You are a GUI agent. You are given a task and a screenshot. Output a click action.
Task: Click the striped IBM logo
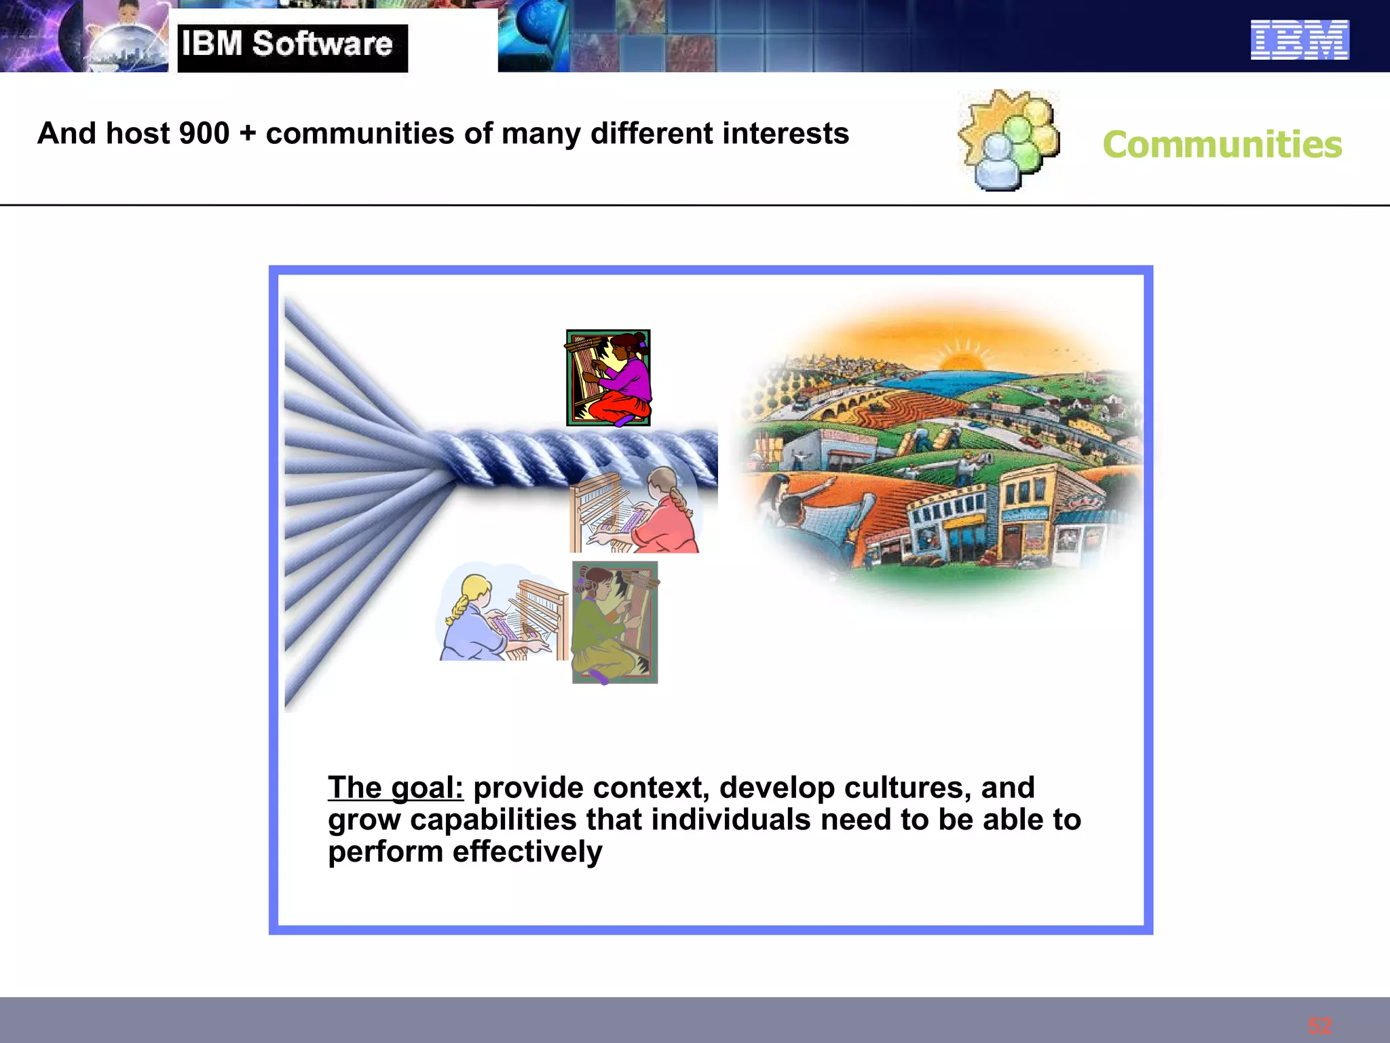(x=1300, y=40)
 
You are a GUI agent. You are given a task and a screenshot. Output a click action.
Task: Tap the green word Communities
(x=1222, y=145)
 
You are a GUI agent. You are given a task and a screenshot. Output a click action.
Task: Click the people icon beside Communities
(x=1010, y=140)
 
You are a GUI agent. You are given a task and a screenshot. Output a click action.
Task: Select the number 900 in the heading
(x=204, y=134)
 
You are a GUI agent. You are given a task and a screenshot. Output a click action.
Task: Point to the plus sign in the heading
(x=248, y=134)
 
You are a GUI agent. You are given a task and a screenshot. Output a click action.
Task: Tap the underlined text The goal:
(x=396, y=788)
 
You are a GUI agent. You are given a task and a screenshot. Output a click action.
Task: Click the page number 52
(x=1320, y=1026)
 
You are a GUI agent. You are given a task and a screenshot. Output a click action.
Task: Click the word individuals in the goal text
(x=731, y=820)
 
